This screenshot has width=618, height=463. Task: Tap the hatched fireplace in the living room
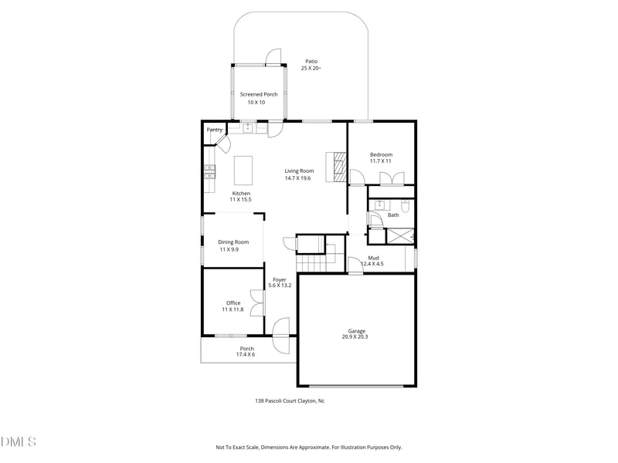[x=338, y=166]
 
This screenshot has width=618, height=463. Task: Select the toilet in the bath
[x=406, y=206]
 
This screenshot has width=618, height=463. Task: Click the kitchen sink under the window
[x=249, y=128]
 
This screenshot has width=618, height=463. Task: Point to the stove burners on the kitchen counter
[x=209, y=172]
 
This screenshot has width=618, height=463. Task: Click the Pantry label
[x=214, y=130]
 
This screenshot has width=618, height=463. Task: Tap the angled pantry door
[x=224, y=143]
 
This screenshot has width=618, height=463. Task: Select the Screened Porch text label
[x=259, y=94]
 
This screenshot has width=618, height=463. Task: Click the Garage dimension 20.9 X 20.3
[x=356, y=336]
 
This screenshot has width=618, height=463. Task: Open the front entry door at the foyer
[x=280, y=327]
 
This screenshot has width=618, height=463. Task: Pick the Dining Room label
[x=233, y=242]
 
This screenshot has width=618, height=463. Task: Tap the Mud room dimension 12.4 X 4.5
[x=372, y=264]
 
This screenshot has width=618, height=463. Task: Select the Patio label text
[x=311, y=61]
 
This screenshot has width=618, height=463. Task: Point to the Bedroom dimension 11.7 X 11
[x=381, y=161]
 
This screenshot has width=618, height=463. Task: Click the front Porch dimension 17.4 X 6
[x=246, y=354]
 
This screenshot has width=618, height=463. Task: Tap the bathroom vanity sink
[x=380, y=205]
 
